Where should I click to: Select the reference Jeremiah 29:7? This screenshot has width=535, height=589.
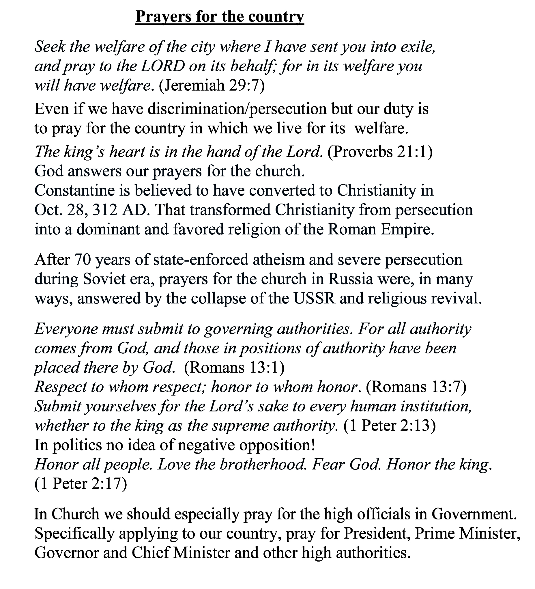pyautogui.click(x=212, y=85)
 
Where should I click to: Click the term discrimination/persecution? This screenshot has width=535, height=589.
pyautogui.click(x=237, y=109)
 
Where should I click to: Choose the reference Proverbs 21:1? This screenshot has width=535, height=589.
pyautogui.click(x=380, y=152)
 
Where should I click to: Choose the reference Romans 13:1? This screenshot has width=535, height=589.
pyautogui.click(x=234, y=368)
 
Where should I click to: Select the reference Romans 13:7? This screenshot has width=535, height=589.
pyautogui.click(x=416, y=387)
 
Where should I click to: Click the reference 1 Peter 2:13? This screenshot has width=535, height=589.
pyautogui.click(x=390, y=426)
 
